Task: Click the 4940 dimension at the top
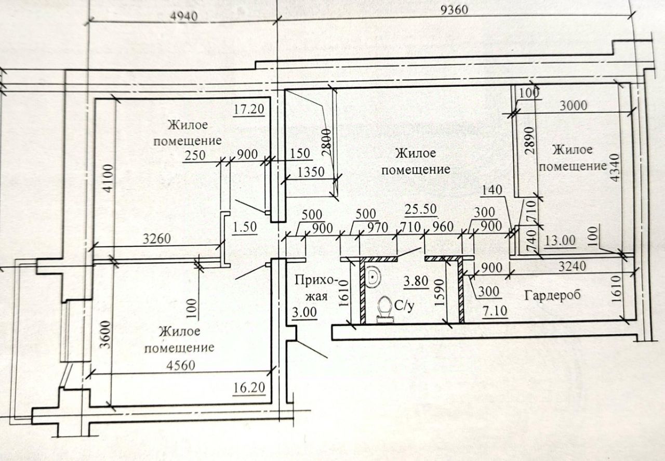tap(184, 16)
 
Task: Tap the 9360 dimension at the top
tap(454, 10)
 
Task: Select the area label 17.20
tap(248, 109)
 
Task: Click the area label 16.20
tap(249, 387)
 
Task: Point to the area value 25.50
tap(421, 209)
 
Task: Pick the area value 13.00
tap(560, 240)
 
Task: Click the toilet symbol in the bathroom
tap(385, 309)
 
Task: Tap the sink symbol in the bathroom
tap(372, 277)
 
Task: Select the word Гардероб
tap(552, 295)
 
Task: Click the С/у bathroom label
tap(404, 306)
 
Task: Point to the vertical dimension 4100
tap(109, 178)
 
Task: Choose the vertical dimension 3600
tap(105, 335)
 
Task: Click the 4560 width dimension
tap(180, 365)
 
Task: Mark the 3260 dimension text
tap(157, 239)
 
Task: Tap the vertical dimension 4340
tap(615, 167)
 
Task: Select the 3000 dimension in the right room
tap(573, 106)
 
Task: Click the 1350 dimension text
tap(311, 172)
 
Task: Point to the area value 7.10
tap(495, 311)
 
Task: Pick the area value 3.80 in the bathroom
tap(416, 281)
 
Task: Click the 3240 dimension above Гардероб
tap(572, 266)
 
